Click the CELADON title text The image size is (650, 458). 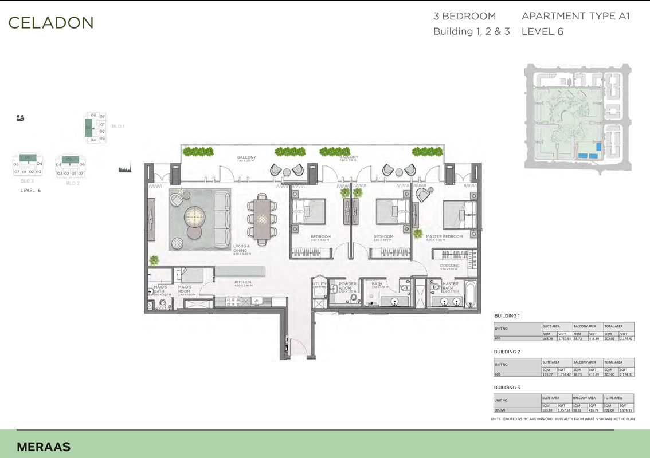50,23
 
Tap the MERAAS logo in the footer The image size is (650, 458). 43,447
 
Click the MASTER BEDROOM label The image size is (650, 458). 444,236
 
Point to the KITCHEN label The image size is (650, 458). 242,282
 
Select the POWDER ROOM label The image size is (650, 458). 347,286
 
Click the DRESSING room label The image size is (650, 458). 450,266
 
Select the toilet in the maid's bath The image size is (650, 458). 163,303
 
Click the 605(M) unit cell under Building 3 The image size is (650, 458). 502,410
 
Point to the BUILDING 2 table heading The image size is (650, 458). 507,351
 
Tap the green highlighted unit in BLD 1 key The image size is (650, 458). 89,127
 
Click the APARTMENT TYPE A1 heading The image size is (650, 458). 575,16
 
